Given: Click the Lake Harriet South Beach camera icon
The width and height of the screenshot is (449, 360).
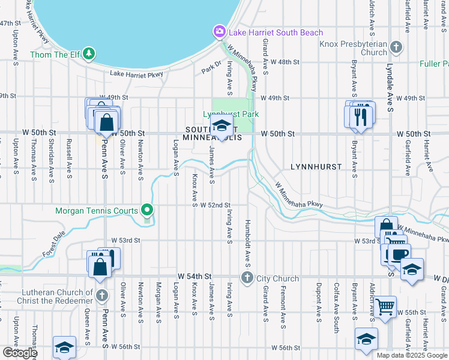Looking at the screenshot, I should pyautogui.click(x=220, y=32).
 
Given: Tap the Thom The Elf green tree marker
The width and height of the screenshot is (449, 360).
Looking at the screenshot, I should pyautogui.click(x=89, y=54).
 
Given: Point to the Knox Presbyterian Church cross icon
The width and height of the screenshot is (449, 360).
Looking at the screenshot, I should pyautogui.click(x=396, y=47).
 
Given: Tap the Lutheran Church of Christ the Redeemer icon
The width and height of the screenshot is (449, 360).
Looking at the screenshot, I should pyautogui.click(x=102, y=296).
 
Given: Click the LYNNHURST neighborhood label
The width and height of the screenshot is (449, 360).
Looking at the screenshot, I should pyautogui.click(x=316, y=166).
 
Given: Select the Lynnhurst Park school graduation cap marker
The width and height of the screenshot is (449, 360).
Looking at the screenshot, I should pyautogui.click(x=221, y=127).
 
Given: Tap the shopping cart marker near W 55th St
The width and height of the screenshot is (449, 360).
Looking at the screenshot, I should pyautogui.click(x=385, y=307).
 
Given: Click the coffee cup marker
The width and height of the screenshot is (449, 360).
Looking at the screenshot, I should pyautogui.click(x=399, y=254).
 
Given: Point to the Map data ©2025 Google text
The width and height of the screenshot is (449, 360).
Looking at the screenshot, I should pyautogui.click(x=411, y=355).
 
